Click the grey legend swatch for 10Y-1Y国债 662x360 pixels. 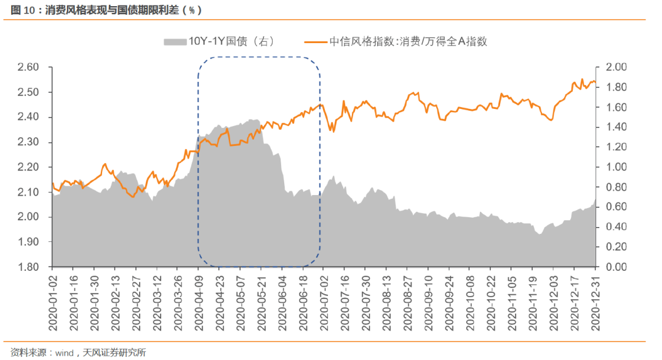174,41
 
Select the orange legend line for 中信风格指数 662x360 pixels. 315,41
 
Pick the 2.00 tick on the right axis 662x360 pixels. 616,67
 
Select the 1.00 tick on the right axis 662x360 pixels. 616,167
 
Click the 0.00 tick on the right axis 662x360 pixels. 616,267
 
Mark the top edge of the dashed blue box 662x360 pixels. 258,57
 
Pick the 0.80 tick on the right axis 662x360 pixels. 616,187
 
